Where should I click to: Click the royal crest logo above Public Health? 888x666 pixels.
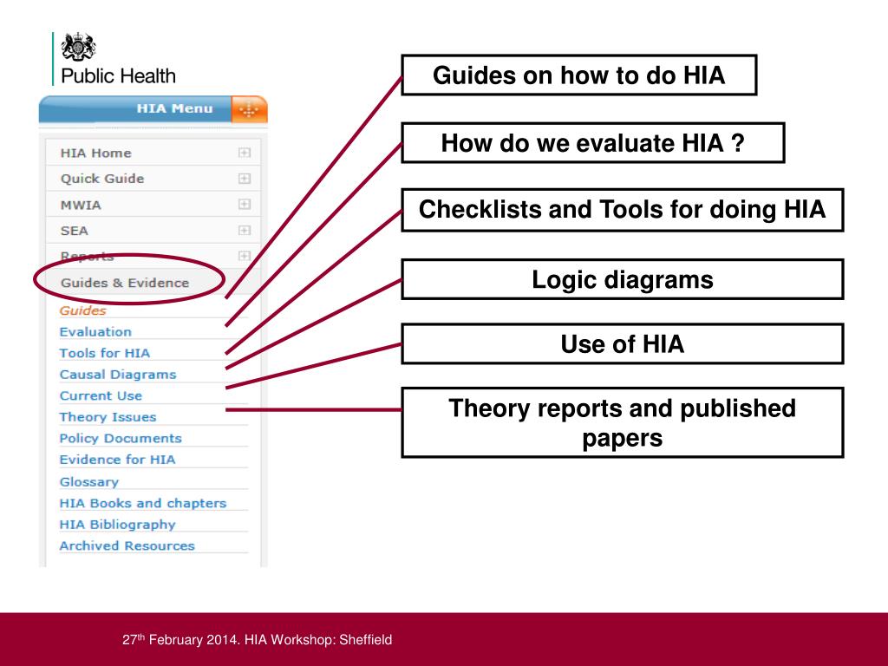tap(79, 47)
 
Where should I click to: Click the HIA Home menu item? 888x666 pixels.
tap(96, 153)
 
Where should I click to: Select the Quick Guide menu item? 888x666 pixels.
tap(102, 179)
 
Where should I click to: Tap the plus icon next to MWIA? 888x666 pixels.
tap(245, 205)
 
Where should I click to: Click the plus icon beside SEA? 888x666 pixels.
tap(245, 231)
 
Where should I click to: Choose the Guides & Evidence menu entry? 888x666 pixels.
tap(124, 283)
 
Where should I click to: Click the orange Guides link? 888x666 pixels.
tap(83, 310)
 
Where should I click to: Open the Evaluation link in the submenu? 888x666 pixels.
tap(95, 332)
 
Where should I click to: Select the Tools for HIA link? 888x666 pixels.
tap(104, 353)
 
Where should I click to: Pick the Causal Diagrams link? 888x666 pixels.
tap(117, 375)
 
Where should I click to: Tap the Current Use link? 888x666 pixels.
tap(101, 395)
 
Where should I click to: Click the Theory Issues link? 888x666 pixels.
tap(108, 417)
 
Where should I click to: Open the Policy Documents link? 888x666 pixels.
tap(121, 439)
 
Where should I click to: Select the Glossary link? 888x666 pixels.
tap(88, 482)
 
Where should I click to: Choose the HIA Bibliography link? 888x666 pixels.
tap(117, 525)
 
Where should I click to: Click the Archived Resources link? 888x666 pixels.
tap(127, 546)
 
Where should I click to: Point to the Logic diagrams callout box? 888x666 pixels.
tap(622, 279)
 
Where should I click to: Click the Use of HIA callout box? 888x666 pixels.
tap(622, 344)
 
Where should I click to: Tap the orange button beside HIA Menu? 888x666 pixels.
tap(250, 109)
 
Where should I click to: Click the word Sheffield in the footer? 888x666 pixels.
tap(365, 640)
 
